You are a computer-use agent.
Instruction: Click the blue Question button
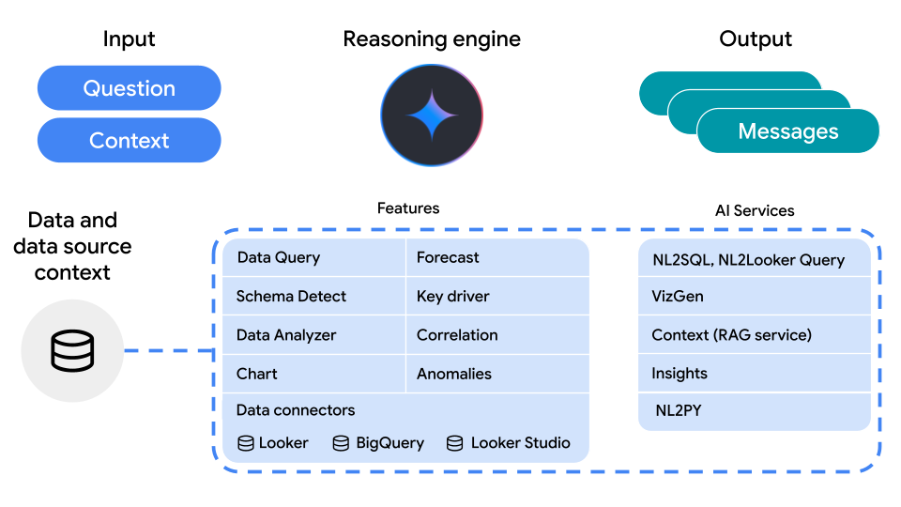coord(129,88)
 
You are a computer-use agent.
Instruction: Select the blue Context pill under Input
coord(129,141)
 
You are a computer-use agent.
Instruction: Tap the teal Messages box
coord(787,131)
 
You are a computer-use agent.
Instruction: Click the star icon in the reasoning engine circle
coord(432,115)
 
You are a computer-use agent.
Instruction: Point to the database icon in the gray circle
coord(72,351)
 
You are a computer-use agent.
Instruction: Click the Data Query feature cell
coord(313,257)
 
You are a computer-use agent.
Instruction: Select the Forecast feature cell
coord(497,257)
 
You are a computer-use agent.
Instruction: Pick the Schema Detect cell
coord(313,297)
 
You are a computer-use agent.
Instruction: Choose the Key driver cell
coord(497,297)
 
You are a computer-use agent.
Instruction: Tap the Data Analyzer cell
coord(313,335)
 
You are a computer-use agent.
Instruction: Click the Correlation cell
coord(497,335)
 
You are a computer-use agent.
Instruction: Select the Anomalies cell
coord(497,374)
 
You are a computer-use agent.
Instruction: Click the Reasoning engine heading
coord(432,39)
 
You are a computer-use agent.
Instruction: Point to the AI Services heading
coord(755,210)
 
